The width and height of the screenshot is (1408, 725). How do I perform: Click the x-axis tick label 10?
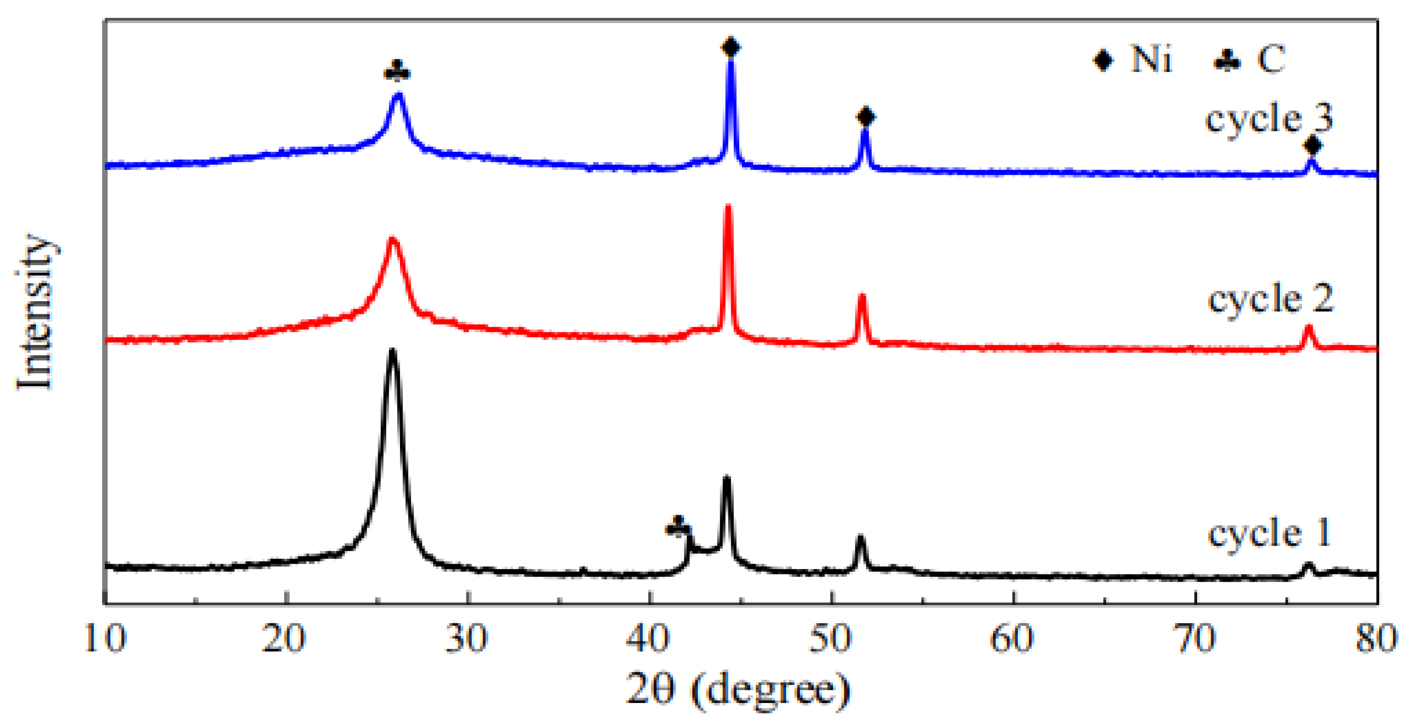coord(105,639)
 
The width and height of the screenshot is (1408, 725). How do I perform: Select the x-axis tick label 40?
coord(649,639)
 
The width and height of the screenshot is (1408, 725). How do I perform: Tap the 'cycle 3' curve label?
coord(1269,119)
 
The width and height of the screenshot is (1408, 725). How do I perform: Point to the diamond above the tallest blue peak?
coord(731,47)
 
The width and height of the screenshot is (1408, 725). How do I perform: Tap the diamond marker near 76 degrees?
coord(1312,145)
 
